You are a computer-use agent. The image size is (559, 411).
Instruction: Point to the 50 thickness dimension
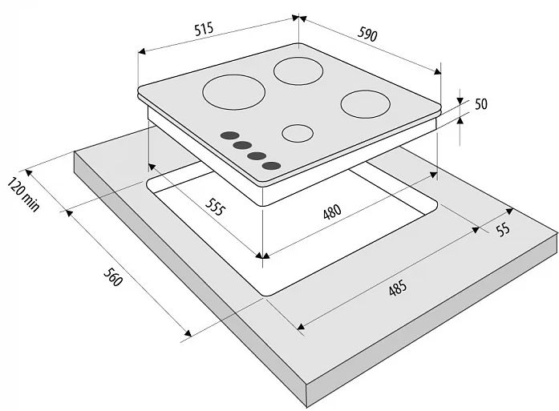[x=481, y=104]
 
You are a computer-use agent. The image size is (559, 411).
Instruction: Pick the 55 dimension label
[x=503, y=231]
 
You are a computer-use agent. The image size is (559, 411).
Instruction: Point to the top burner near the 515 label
[x=299, y=71]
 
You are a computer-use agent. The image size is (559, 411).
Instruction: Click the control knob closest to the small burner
[x=271, y=165]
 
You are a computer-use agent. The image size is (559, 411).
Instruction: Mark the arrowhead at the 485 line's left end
[x=300, y=326]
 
